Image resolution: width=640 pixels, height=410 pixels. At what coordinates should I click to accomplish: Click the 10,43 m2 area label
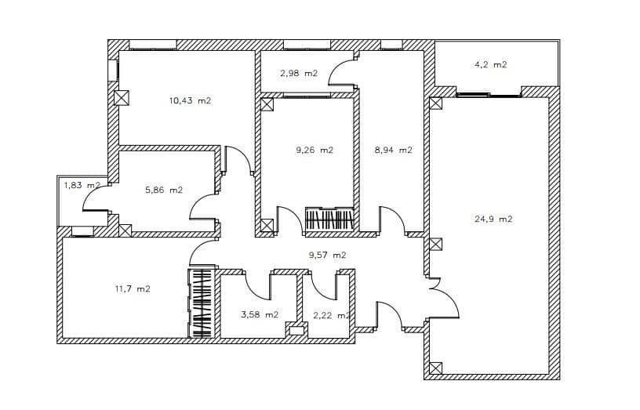pyautogui.click(x=191, y=100)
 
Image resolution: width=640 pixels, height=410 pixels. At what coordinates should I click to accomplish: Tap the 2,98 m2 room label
pyautogui.click(x=298, y=73)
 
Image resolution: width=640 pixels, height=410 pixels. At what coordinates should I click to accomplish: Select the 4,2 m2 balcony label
pyautogui.click(x=490, y=64)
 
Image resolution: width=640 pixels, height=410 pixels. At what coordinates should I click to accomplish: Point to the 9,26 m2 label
pyautogui.click(x=315, y=150)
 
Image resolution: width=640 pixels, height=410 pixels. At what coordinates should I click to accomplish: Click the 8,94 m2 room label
pyautogui.click(x=393, y=150)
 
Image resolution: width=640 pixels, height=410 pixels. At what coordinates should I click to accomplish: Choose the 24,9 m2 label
pyautogui.click(x=493, y=219)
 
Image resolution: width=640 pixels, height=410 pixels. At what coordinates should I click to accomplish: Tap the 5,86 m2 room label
pyautogui.click(x=164, y=190)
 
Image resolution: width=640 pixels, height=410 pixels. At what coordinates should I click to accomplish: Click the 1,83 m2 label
pyautogui.click(x=82, y=185)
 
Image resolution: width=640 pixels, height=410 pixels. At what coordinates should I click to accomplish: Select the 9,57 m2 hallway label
pyautogui.click(x=327, y=255)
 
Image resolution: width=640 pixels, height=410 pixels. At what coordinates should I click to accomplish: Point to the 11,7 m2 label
pyautogui.click(x=133, y=288)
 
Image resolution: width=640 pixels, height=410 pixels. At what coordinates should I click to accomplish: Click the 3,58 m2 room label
pyautogui.click(x=259, y=314)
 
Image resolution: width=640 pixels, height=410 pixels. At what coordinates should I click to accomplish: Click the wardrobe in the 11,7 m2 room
pyautogui.click(x=202, y=304)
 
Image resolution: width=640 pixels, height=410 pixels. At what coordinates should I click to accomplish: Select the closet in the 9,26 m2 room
pyautogui.click(x=329, y=219)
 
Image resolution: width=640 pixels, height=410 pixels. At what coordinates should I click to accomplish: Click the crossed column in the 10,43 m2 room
pyautogui.click(x=122, y=98)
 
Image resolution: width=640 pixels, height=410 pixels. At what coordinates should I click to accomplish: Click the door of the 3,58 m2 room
pyautogui.click(x=258, y=285)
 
